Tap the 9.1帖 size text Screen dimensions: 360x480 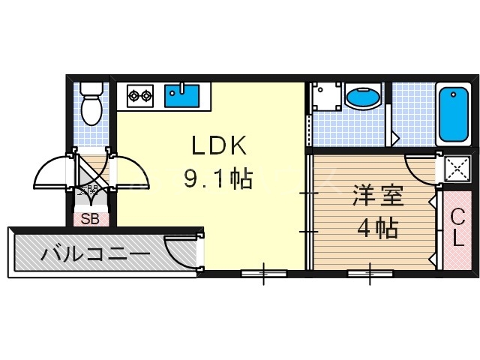click(218, 178)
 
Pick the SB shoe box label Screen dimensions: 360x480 click(90, 220)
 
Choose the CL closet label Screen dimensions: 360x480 click(456, 228)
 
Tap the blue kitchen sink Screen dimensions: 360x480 click(182, 95)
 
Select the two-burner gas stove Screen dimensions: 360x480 click(139, 95)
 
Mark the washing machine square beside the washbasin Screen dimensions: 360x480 click(326, 96)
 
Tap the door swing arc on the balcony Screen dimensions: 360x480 click(181, 250)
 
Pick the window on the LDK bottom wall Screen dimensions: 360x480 click(263, 273)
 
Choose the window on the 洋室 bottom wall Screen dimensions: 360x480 click(370, 273)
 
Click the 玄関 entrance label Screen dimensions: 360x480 click(90, 190)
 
